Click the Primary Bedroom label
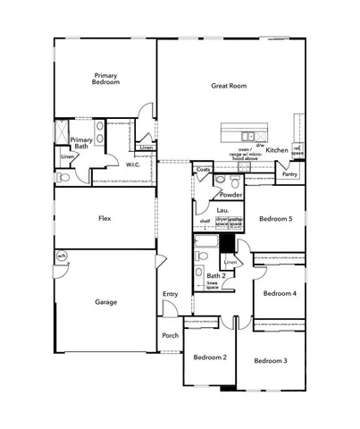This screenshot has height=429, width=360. click(x=105, y=77)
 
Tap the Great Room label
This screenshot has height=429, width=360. click(x=228, y=86)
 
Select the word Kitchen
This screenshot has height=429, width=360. click(x=276, y=150)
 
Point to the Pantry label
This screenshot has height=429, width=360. click(x=289, y=174)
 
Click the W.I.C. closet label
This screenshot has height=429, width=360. click(x=133, y=164)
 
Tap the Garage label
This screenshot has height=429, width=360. click(x=105, y=302)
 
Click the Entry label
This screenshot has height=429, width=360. click(x=170, y=294)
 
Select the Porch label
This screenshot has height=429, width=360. click(x=170, y=335)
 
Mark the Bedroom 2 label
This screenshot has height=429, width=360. click(x=210, y=357)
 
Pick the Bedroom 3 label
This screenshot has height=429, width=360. click(x=270, y=360)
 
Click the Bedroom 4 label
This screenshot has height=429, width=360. click(x=280, y=293)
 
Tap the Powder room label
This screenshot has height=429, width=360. click(x=231, y=194)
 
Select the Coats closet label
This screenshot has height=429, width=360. click(x=203, y=169)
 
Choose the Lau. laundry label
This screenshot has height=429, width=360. click(x=210, y=210)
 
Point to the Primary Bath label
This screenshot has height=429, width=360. click(x=81, y=143)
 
